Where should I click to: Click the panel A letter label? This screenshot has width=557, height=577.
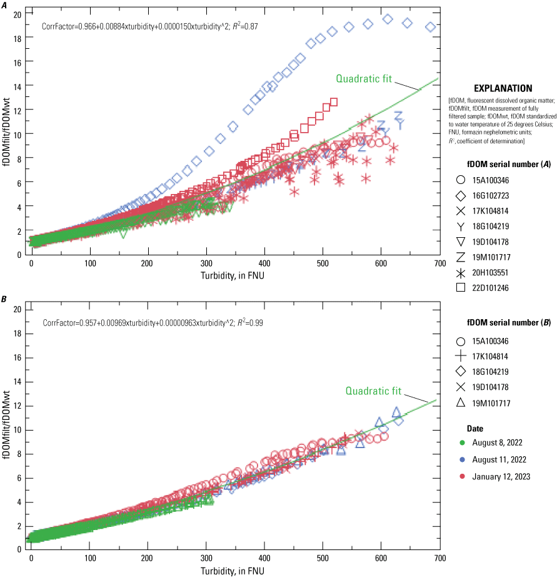tap(4, 5)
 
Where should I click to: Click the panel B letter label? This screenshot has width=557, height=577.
tap(4, 300)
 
